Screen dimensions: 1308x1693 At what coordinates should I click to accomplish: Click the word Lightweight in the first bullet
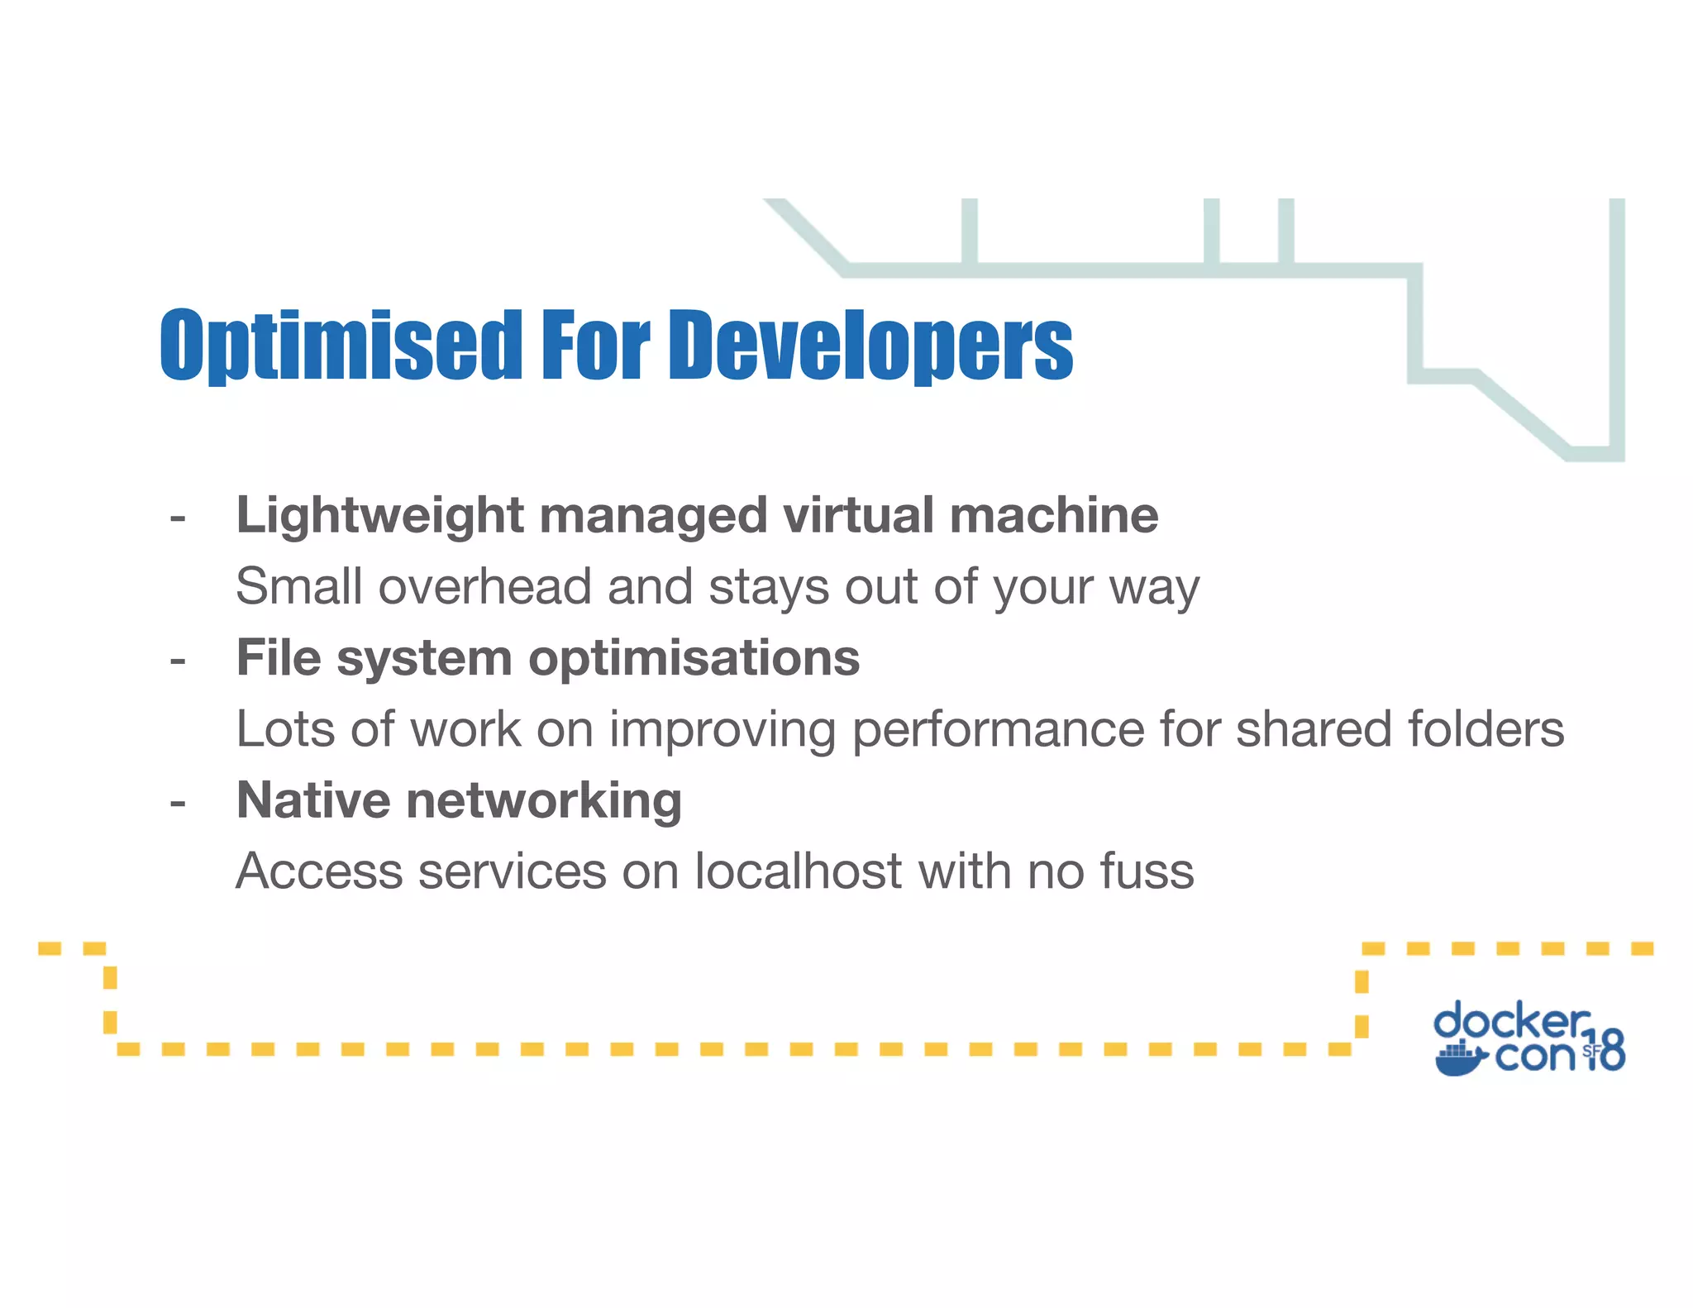379,516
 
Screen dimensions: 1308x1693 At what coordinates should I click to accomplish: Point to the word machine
1054,516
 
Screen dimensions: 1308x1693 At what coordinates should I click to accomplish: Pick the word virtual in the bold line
857,516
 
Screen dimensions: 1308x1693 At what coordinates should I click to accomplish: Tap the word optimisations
694,659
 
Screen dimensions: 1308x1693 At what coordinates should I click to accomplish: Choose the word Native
313,800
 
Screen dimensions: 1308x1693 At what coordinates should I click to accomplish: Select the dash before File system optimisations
177,661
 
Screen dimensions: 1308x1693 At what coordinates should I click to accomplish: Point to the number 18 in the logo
1604,1051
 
